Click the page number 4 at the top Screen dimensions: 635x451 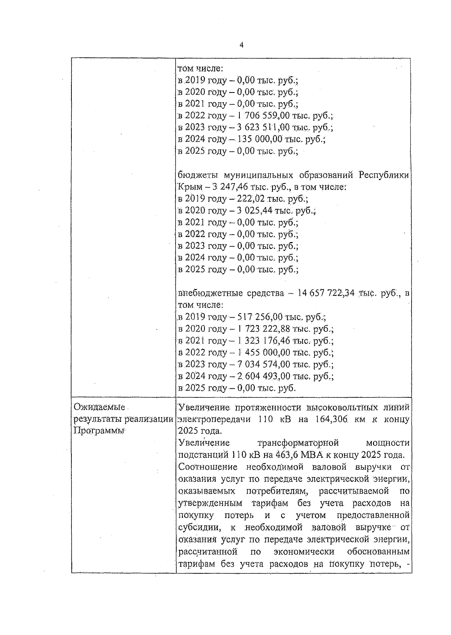point(241,45)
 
